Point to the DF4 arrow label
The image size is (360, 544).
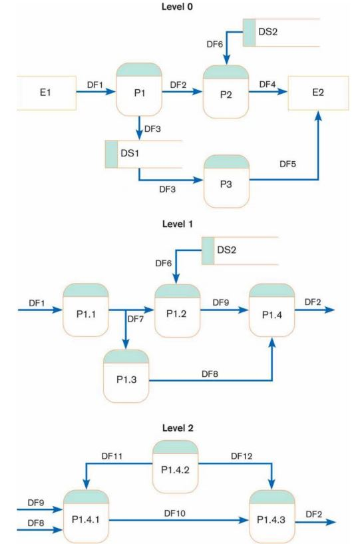coord(267,84)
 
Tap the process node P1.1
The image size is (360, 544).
coord(86,310)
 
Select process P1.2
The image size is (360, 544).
coord(178,310)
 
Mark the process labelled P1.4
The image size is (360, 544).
coord(271,310)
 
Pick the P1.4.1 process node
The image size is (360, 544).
coord(86,518)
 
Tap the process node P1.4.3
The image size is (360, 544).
coord(271,518)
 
